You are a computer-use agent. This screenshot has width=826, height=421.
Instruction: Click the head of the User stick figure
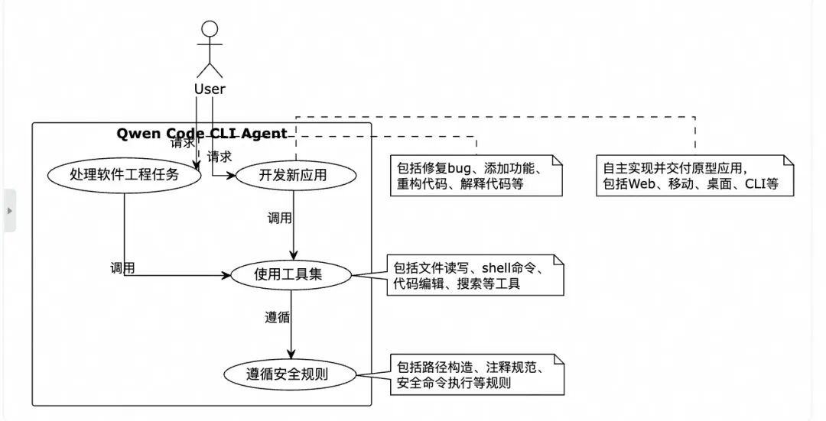click(210, 30)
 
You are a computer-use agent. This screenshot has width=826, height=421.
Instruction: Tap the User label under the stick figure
click(210, 89)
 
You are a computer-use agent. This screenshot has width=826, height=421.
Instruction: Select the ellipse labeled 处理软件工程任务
click(124, 174)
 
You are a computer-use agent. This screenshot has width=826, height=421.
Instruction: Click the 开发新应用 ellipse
click(294, 174)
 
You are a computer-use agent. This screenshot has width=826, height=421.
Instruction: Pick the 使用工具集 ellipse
click(292, 274)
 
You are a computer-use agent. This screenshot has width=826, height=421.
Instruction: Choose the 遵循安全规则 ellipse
click(291, 374)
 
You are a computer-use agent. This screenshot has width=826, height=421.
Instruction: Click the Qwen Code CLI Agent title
click(202, 133)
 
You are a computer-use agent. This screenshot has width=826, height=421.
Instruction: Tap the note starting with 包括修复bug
click(475, 176)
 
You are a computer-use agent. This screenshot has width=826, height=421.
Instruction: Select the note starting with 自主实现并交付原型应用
click(694, 176)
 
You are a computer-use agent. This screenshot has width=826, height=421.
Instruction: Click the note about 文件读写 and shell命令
click(474, 275)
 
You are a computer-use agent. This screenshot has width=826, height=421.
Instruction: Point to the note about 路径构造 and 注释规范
click(474, 374)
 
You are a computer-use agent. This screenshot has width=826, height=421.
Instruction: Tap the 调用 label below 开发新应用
click(279, 218)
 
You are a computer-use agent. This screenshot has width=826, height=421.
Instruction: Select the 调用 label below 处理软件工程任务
click(122, 267)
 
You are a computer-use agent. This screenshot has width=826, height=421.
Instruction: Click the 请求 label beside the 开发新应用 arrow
click(220, 157)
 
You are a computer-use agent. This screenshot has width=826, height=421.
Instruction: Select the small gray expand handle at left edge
click(9, 209)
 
